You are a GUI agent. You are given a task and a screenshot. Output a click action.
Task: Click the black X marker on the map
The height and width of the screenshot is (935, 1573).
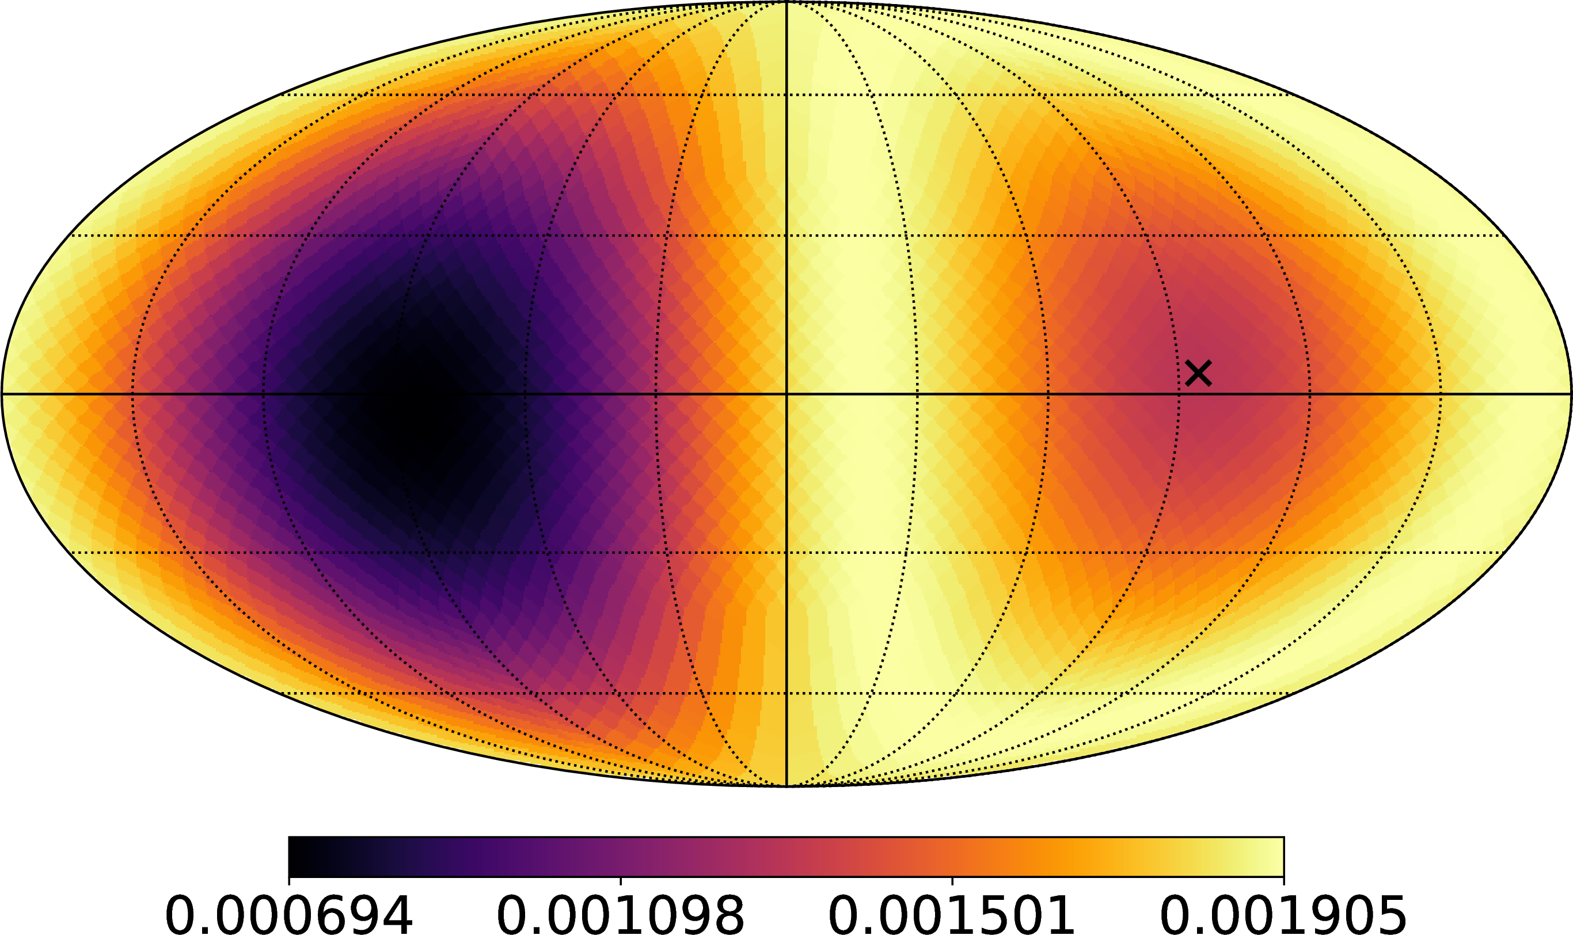click(x=1198, y=373)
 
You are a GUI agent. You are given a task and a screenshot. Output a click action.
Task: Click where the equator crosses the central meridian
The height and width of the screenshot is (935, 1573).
click(x=786, y=394)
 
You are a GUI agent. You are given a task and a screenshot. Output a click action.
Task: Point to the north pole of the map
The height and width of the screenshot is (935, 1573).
click(x=786, y=2)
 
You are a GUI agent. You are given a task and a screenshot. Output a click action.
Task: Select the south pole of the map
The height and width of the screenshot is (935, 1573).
click(x=786, y=786)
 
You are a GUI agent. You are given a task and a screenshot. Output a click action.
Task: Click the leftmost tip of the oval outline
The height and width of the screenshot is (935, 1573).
click(x=2, y=394)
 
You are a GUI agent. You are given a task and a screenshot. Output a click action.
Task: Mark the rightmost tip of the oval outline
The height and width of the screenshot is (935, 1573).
click(x=1571, y=394)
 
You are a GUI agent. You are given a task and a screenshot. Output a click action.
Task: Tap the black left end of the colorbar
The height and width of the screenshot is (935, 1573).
click(x=291, y=857)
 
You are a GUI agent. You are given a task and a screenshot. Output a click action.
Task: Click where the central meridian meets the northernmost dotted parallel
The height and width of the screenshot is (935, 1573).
click(x=786, y=95)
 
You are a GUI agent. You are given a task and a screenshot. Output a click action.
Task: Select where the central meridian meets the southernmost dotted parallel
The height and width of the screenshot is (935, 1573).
click(x=786, y=693)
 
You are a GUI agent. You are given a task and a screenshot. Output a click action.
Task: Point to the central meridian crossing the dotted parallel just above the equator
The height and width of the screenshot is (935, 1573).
click(x=786, y=235)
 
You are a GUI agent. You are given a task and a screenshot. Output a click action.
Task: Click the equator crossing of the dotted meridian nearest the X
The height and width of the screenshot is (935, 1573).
click(x=1179, y=394)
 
